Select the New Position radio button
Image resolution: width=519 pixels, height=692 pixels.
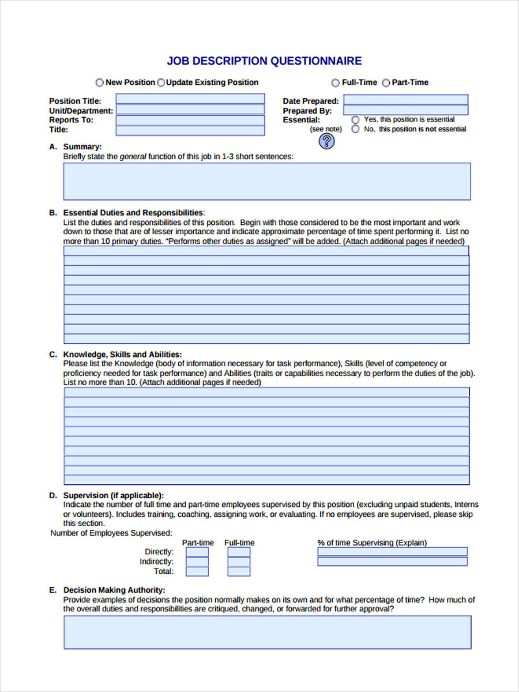pyautogui.click(x=100, y=82)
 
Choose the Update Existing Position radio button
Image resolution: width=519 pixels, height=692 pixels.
pyautogui.click(x=161, y=82)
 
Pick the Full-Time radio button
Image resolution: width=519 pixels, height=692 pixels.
pyautogui.click(x=336, y=83)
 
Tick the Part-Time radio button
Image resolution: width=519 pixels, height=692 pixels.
pyautogui.click(x=386, y=83)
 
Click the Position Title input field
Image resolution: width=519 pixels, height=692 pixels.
pyautogui.click(x=190, y=99)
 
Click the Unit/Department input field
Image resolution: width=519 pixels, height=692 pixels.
pyautogui.click(x=190, y=110)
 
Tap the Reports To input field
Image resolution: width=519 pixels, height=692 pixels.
pyautogui.click(x=190, y=120)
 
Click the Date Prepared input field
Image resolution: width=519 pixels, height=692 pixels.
pyautogui.click(x=405, y=100)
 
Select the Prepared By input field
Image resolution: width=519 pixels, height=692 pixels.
pyautogui.click(x=405, y=110)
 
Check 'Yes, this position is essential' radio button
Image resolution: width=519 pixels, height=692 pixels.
pyautogui.click(x=355, y=119)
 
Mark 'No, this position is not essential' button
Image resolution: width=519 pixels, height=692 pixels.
pyautogui.click(x=355, y=129)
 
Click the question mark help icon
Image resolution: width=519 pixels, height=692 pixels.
pyautogui.click(x=326, y=141)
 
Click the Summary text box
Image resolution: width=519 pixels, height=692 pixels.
pyautogui.click(x=266, y=181)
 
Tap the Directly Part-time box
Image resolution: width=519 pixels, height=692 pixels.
pyautogui.click(x=197, y=552)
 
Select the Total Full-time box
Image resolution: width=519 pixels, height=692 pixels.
pyautogui.click(x=239, y=571)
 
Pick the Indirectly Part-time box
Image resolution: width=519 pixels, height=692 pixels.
pyautogui.click(x=197, y=562)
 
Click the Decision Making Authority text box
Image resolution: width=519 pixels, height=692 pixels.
pyautogui.click(x=267, y=632)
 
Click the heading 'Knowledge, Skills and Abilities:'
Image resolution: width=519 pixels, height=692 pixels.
pyautogui.click(x=122, y=354)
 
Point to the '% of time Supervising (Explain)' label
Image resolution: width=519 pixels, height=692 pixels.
pyautogui.click(x=372, y=543)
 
